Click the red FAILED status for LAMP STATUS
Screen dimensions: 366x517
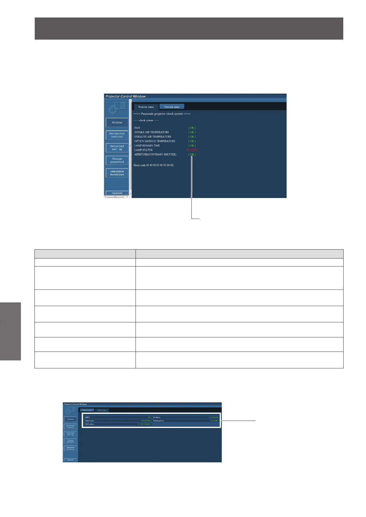coord(192,150)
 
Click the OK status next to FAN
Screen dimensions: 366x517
coord(192,128)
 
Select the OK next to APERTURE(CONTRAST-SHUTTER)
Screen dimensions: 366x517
coord(192,154)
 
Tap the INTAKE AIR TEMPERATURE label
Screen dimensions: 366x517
coord(152,132)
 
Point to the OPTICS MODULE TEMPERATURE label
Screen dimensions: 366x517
coord(155,141)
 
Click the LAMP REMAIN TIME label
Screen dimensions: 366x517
coord(147,146)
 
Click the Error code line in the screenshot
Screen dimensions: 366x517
coord(154,165)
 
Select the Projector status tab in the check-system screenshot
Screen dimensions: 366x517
coord(146,107)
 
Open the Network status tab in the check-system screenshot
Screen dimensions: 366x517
coord(171,107)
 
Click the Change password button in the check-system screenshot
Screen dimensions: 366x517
coord(117,160)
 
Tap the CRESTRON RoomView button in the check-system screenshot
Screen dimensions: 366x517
coord(117,173)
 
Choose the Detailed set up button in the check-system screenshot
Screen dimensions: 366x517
coord(117,148)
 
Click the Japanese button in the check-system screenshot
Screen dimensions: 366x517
coord(117,193)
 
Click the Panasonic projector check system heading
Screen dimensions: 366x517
coord(162,114)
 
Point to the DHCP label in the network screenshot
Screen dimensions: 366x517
coord(88,417)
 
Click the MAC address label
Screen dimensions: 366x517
coord(90,424)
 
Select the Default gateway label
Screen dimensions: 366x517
coord(159,421)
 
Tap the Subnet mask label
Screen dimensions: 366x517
coord(89,421)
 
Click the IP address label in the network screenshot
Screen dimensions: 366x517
coord(157,417)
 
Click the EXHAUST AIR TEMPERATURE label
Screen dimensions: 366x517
coord(153,137)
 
